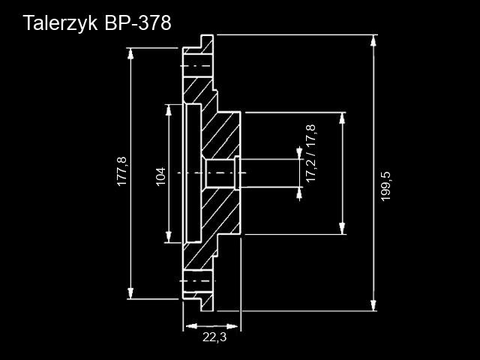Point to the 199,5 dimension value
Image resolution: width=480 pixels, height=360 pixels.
click(x=386, y=189)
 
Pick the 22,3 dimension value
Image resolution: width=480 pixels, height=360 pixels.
click(x=214, y=338)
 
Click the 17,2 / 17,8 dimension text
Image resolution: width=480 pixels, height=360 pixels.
click(x=310, y=154)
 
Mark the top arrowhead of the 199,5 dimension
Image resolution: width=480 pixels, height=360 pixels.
click(x=373, y=40)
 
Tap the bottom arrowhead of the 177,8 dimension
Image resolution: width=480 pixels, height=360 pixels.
click(x=131, y=294)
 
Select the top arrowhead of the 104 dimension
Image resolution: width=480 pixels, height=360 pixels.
click(x=167, y=109)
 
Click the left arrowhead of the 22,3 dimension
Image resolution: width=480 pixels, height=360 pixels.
click(x=188, y=326)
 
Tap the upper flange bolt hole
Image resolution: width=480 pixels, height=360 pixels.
click(x=197, y=66)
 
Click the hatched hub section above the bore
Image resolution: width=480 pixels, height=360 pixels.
click(x=222, y=135)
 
